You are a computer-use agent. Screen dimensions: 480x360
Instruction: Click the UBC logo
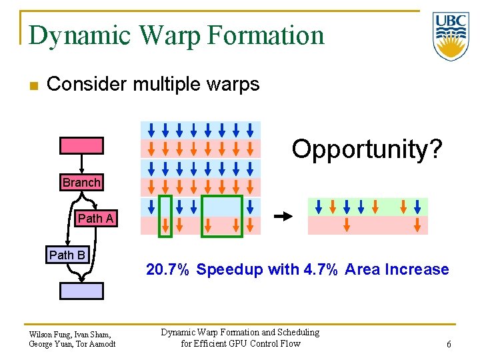451,36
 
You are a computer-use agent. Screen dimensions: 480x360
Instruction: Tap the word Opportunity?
367,149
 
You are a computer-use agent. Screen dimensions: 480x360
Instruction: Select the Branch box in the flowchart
81,183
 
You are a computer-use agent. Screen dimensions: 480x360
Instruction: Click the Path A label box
95,219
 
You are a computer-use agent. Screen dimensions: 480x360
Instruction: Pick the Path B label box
67,255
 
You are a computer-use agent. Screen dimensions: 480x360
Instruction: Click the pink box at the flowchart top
82,145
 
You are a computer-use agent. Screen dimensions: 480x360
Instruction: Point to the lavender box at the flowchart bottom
82,291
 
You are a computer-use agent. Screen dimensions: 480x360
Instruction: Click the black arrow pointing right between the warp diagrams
284,216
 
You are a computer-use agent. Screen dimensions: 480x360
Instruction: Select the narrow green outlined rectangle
165,215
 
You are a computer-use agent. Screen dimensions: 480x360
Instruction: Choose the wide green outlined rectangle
222,215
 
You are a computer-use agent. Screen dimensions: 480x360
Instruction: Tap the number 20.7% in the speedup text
169,270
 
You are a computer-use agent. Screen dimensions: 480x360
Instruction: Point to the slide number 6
449,344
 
